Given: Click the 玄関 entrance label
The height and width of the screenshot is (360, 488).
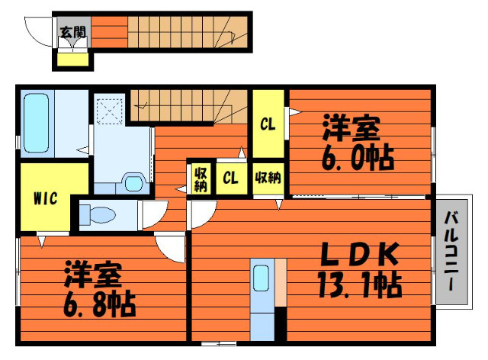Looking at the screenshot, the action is (x=73, y=32).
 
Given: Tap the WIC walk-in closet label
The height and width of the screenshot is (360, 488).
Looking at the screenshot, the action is (x=46, y=198).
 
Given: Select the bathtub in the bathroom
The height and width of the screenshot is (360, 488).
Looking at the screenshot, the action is (x=37, y=124).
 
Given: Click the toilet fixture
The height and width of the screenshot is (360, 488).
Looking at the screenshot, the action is (x=98, y=214).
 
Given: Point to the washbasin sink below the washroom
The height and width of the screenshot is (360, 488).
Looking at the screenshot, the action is (x=134, y=182).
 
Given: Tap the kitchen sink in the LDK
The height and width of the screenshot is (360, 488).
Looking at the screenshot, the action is (x=261, y=278).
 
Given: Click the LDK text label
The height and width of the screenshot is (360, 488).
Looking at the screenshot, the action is (x=360, y=255).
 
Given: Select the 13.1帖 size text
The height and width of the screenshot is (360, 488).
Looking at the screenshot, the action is (x=360, y=284).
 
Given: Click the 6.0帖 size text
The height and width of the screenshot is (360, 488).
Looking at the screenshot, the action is (x=358, y=158).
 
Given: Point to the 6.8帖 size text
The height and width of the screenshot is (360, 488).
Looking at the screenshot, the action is (x=100, y=304).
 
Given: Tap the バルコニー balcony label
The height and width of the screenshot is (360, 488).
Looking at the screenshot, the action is (x=451, y=251).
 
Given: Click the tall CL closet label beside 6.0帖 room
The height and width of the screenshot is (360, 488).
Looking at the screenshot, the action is (x=268, y=124).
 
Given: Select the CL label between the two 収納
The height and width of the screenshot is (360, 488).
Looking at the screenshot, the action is (x=230, y=178).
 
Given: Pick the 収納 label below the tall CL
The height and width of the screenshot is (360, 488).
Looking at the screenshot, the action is (x=268, y=178).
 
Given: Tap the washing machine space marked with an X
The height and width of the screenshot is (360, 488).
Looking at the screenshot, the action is (x=109, y=111).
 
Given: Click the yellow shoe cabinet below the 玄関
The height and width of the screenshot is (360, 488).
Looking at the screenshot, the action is (x=73, y=59).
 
